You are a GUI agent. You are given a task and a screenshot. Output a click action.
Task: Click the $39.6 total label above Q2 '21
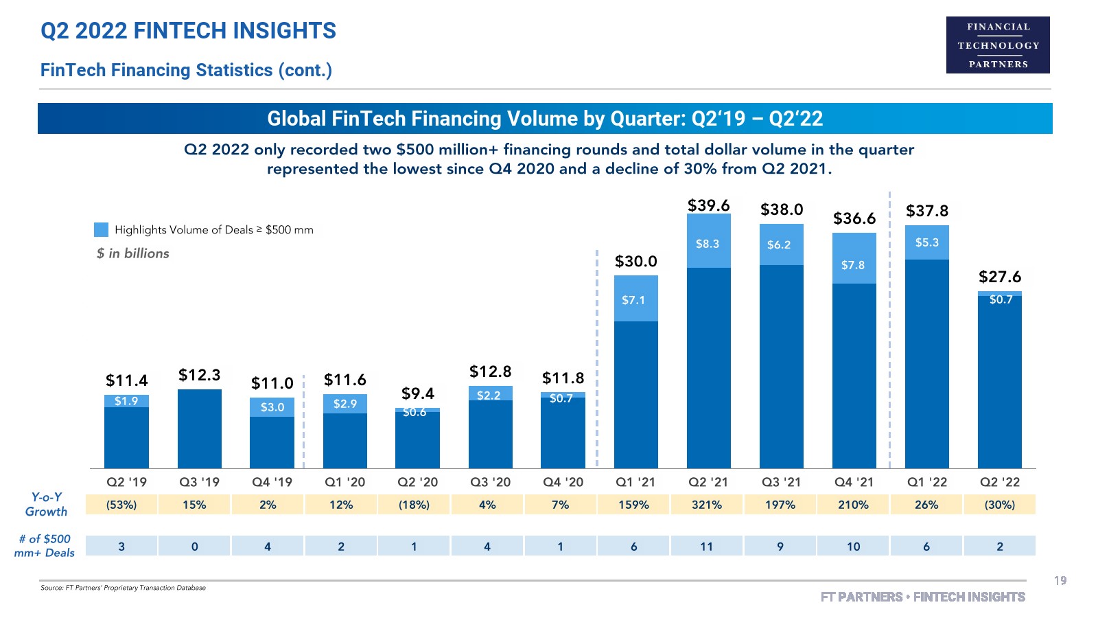tap(708, 205)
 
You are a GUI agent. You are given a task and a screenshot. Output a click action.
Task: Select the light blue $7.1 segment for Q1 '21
tap(635, 299)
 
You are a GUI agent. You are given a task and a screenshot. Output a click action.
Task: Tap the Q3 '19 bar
tap(200, 428)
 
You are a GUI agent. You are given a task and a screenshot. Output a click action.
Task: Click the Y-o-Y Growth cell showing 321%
tap(707, 505)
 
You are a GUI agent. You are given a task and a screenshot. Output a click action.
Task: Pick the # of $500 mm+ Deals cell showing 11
tap(707, 547)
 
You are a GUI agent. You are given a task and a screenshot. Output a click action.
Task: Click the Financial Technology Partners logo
tap(998, 45)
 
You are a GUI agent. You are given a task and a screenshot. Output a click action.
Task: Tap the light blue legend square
tap(101, 229)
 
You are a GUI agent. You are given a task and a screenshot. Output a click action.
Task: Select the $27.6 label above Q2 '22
tap(999, 277)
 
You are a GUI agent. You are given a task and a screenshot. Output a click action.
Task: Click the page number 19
tap(1060, 581)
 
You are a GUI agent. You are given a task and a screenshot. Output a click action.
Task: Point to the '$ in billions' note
tap(132, 253)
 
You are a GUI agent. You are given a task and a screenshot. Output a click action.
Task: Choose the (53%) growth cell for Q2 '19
tap(121, 505)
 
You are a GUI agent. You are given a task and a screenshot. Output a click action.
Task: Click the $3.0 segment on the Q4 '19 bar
tap(272, 407)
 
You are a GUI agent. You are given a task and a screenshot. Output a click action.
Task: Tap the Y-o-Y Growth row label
tap(46, 505)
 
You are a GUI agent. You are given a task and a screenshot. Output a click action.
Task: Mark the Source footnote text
tap(123, 588)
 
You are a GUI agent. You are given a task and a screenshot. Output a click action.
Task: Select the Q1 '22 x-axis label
tap(926, 482)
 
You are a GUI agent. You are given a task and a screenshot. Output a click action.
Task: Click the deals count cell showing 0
tap(195, 547)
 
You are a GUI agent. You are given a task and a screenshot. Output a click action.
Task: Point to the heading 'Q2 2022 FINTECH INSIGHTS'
tap(188, 31)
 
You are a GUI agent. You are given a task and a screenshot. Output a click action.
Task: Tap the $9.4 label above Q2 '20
tap(417, 393)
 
